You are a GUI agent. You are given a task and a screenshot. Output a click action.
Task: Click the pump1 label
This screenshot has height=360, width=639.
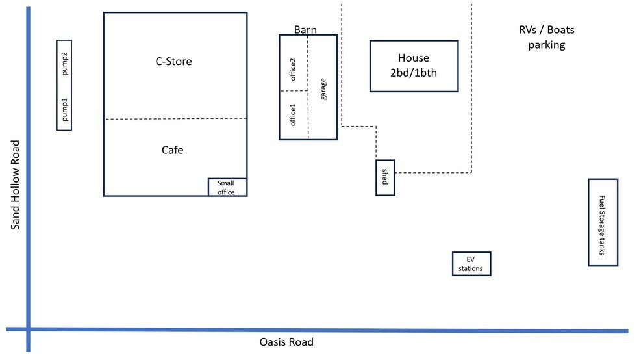[65, 111]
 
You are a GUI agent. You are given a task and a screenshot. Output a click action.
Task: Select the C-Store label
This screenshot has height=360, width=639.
[173, 62]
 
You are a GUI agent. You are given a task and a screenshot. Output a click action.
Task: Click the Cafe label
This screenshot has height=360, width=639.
[172, 150]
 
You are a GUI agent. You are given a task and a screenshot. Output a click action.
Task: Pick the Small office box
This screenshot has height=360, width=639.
[227, 187]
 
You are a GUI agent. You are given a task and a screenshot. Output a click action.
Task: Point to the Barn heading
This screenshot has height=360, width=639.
[305, 30]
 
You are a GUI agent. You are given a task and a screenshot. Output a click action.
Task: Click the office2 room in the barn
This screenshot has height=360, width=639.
[293, 69]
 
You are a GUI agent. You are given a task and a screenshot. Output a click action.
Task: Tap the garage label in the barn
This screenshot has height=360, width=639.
[323, 88]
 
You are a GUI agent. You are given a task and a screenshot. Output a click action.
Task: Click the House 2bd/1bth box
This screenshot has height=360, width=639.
[414, 66]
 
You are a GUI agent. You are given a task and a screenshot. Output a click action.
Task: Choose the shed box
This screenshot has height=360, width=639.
[385, 177]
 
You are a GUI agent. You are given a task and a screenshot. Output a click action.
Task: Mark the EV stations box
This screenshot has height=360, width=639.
[471, 264]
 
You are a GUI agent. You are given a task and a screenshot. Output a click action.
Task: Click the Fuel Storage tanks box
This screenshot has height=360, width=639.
[602, 222]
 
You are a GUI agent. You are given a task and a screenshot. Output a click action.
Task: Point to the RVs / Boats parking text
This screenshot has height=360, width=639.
[546, 38]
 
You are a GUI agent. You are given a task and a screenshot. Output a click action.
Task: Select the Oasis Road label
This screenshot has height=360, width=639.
[286, 342]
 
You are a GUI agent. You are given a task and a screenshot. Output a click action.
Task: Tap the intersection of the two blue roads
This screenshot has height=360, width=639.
[29, 329]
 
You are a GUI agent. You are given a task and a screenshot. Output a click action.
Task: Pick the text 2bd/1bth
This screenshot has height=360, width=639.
[414, 73]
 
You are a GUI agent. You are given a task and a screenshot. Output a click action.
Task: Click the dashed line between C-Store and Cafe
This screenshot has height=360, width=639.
[175, 119]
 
